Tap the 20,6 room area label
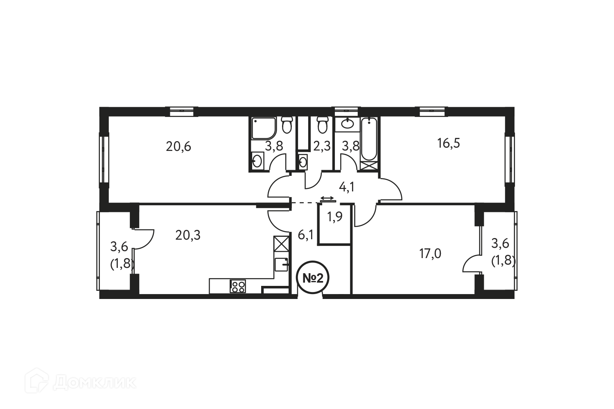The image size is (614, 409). pyautogui.click(x=178, y=146)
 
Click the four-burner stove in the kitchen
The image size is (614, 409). pyautogui.click(x=238, y=286)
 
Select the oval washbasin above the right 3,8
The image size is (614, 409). pyautogui.click(x=348, y=123)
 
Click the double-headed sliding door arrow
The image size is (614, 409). pyautogui.click(x=327, y=198)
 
